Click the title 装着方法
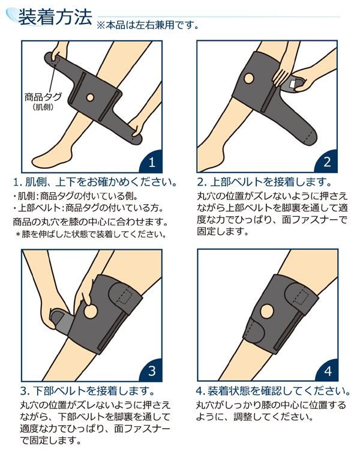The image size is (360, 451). (x=55, y=17)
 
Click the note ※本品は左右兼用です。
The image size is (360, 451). (x=148, y=25)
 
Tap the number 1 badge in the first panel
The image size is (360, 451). (x=151, y=162)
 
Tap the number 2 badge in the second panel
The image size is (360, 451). (x=326, y=162)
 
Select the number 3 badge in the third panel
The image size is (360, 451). (x=151, y=371)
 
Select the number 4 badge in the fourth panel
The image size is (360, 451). (x=327, y=371)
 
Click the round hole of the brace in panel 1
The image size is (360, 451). (x=90, y=97)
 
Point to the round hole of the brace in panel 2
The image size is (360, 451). (x=249, y=78)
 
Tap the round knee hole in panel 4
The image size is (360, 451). (x=267, y=312)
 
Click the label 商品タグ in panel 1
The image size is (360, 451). (x=43, y=97)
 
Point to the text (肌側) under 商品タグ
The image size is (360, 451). (x=43, y=107)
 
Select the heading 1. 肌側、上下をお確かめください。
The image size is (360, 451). (x=95, y=182)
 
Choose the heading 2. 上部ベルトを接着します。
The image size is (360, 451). (x=265, y=182)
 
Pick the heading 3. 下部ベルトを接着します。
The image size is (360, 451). (x=88, y=390)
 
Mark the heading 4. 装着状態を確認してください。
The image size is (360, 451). (x=273, y=390)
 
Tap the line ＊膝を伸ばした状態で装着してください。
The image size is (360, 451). (x=91, y=234)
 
